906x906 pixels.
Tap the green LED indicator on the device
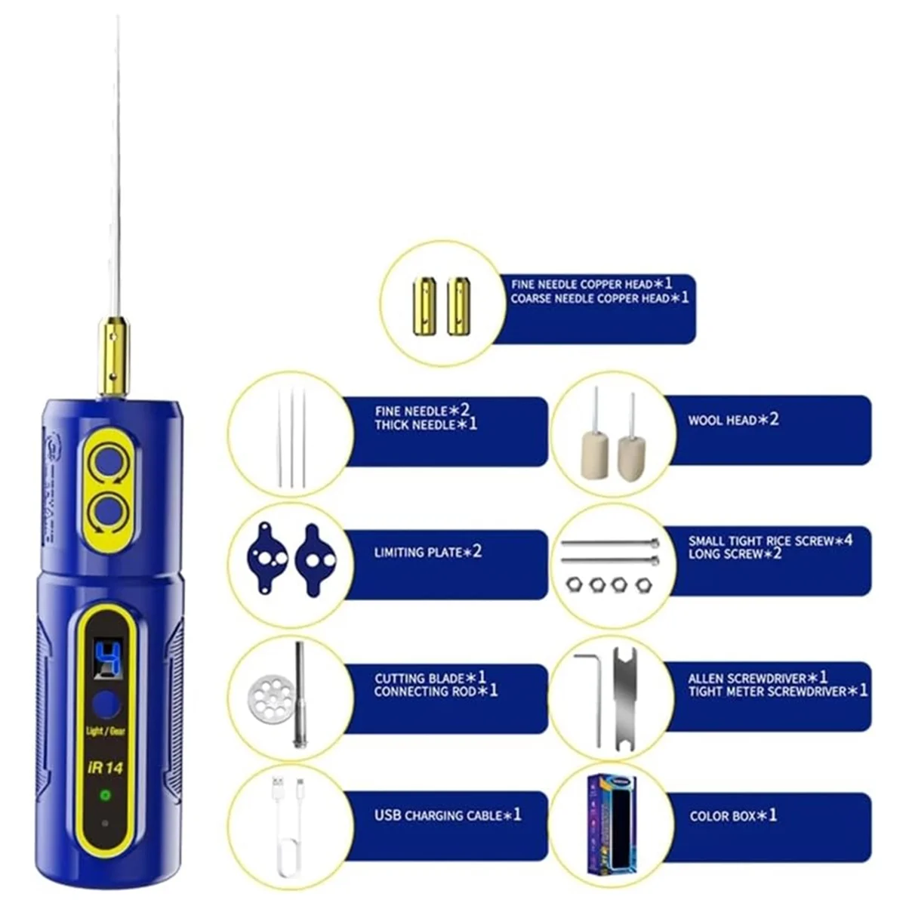(x=106, y=796)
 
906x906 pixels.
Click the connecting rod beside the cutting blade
(x=300, y=695)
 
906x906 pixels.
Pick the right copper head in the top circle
(x=458, y=306)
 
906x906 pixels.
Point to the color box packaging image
(x=612, y=821)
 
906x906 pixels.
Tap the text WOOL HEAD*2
(x=732, y=420)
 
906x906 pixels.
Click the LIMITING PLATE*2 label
(x=427, y=553)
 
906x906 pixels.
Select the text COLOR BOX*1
(x=732, y=816)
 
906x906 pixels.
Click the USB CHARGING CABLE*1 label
(x=448, y=815)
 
